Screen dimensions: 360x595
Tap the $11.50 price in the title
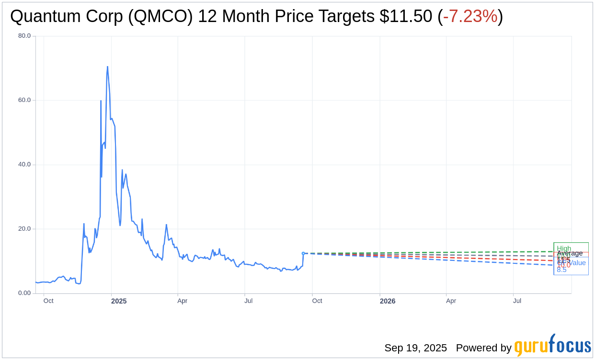(x=406, y=17)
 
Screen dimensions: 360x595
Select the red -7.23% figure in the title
(x=470, y=17)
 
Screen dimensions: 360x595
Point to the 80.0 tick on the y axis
(x=24, y=36)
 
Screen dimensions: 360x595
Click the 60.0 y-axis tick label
(x=24, y=100)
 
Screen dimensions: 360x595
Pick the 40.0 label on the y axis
(x=24, y=165)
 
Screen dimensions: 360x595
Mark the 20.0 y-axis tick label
(x=24, y=229)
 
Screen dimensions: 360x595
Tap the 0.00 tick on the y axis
(x=24, y=293)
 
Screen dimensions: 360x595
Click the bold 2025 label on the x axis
(x=119, y=301)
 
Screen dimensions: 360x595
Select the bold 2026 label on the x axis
(x=388, y=301)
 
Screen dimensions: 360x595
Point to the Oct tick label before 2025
(x=48, y=301)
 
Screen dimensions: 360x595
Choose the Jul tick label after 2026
(x=517, y=301)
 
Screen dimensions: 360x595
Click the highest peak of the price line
(x=107, y=67)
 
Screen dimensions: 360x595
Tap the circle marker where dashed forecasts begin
(x=303, y=253)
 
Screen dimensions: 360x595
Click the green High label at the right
(x=564, y=248)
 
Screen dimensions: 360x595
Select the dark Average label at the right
(x=570, y=253)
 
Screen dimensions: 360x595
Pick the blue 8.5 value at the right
(x=561, y=270)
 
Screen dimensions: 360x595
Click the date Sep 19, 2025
(x=415, y=348)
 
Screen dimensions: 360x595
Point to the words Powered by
(x=483, y=348)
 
